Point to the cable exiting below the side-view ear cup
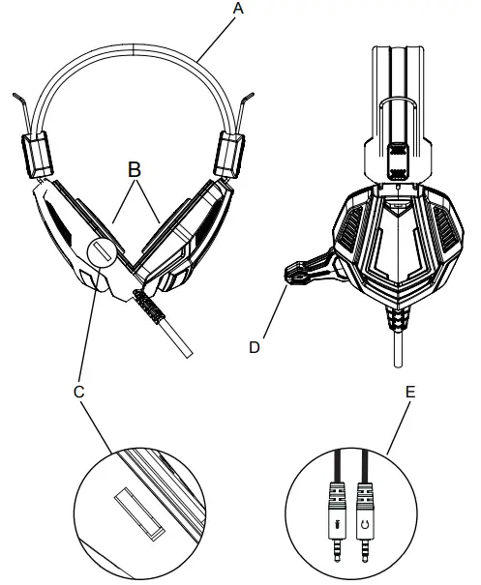click(397, 348)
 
